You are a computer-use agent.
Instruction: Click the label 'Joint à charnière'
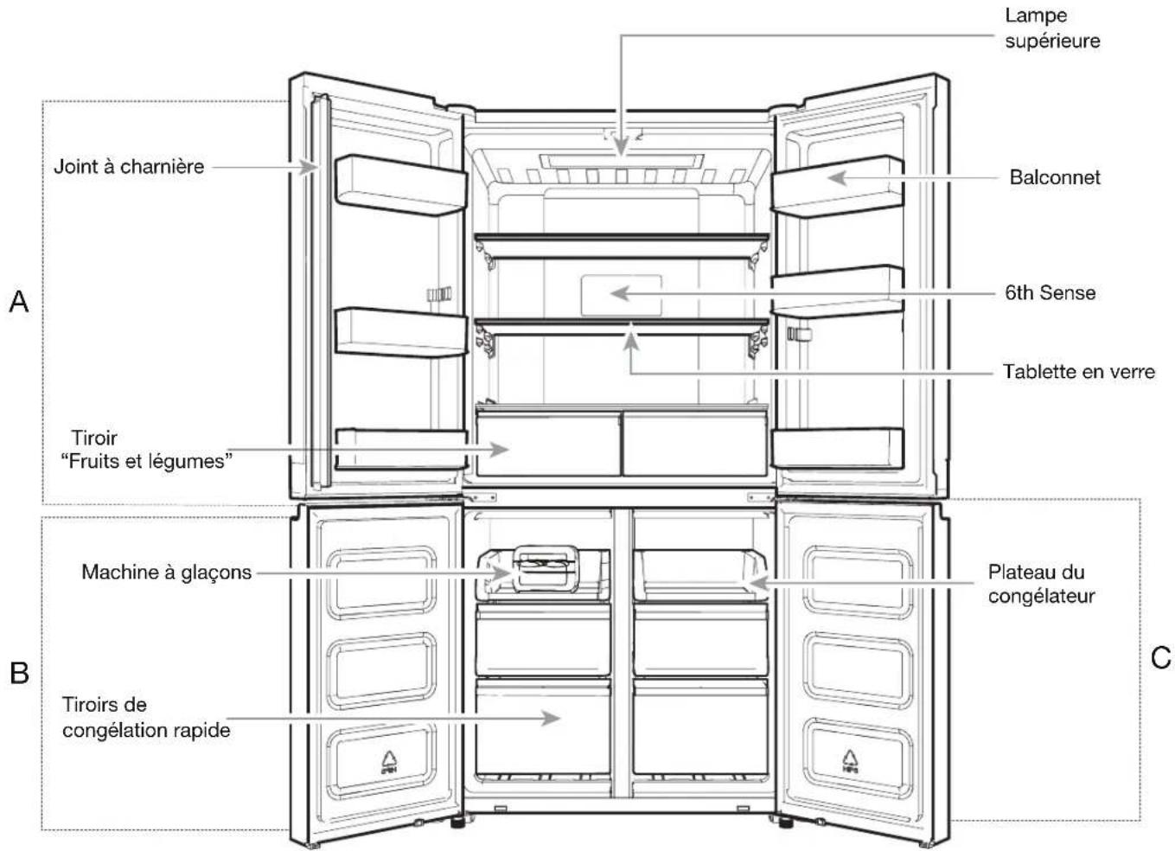(129, 167)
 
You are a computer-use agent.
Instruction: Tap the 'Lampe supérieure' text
(1052, 29)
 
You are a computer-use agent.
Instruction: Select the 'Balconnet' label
(1054, 177)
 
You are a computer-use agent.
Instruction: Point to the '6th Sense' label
(1050, 293)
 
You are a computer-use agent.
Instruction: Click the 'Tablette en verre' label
(1078, 372)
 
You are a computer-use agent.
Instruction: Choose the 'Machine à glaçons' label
(166, 572)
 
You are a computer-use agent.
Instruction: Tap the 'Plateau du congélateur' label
(1041, 584)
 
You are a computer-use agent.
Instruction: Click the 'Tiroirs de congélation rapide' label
(146, 717)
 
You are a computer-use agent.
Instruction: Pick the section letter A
(19, 302)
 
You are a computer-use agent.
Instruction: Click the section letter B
(19, 673)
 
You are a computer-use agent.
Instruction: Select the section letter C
(1161, 657)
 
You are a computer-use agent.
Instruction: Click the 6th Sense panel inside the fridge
(621, 296)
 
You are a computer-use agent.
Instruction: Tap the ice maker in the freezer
(545, 573)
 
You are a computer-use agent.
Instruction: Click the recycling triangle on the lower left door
(389, 762)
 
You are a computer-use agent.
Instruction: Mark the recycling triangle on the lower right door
(849, 761)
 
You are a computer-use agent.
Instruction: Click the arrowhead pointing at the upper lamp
(621, 146)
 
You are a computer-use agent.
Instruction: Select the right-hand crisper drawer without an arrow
(695, 444)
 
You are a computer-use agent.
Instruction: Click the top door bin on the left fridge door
(401, 185)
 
